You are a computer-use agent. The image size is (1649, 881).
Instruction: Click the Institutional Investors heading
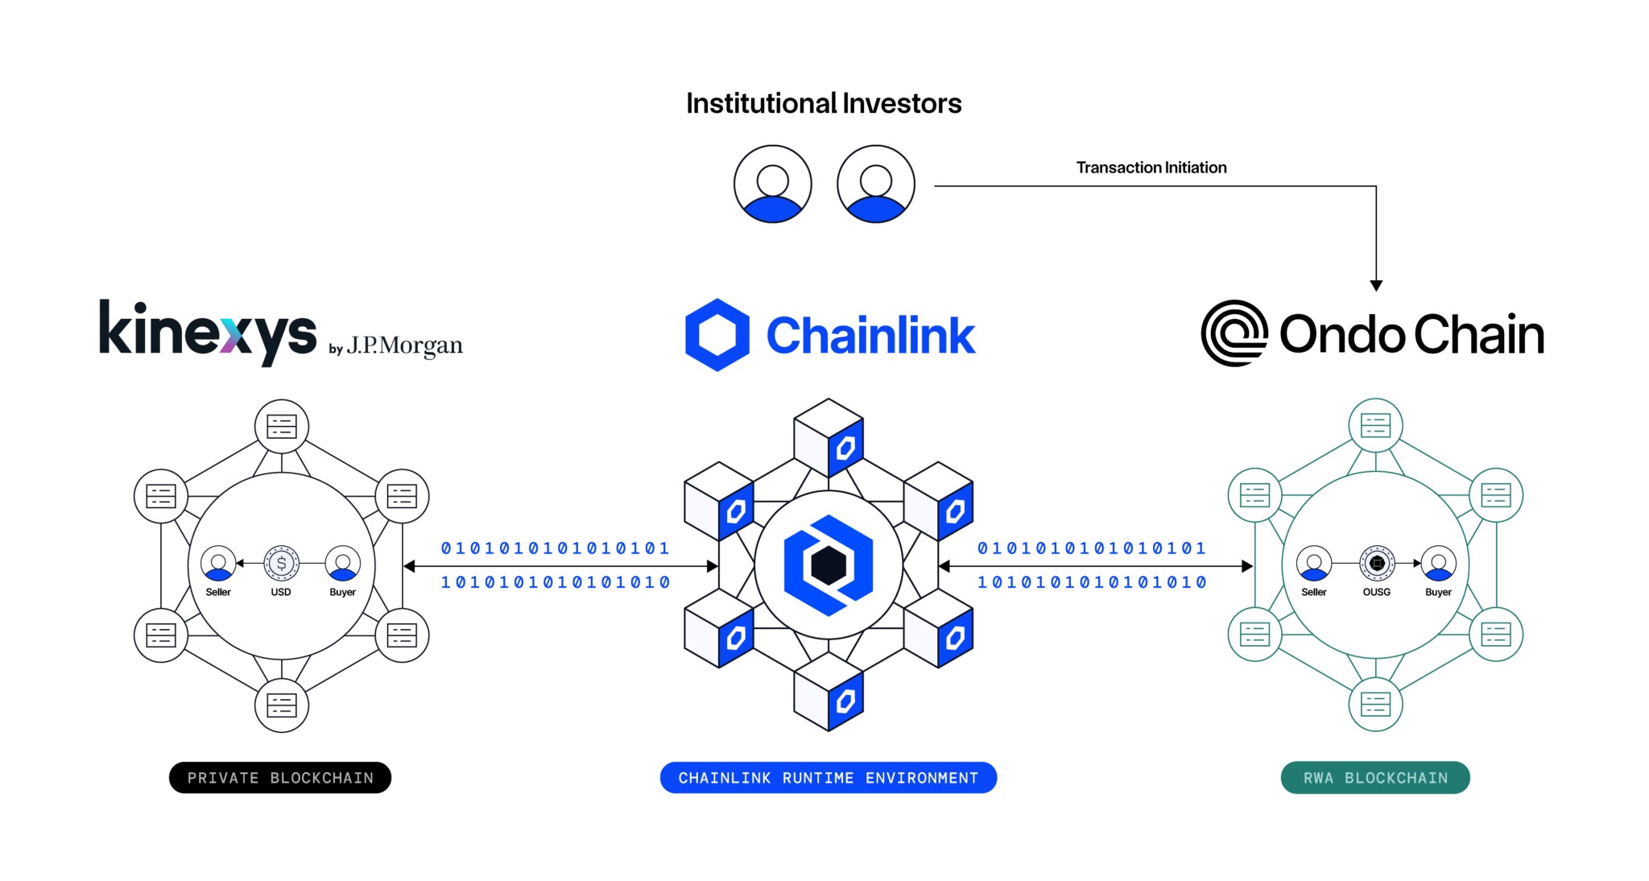824,104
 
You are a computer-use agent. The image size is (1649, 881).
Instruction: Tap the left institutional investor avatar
772,184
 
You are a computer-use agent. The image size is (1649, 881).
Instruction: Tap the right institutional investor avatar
875,184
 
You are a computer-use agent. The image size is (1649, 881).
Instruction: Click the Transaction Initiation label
1151,168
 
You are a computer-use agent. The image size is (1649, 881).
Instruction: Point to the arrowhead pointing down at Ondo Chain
1376,285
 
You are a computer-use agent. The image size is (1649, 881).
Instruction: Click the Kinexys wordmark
208,333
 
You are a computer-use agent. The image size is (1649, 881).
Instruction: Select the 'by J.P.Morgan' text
395,346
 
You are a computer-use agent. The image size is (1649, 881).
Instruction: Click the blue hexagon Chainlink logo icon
717,335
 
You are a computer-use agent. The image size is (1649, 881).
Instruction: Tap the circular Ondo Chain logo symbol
1234,333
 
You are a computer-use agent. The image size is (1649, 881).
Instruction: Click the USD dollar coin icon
281,563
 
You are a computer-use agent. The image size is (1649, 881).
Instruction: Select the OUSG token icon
1377,563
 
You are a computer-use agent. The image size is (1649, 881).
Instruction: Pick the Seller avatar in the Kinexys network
218,563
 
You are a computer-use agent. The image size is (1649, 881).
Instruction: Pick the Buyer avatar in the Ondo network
1438,563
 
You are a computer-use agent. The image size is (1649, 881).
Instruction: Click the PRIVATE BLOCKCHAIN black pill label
280,778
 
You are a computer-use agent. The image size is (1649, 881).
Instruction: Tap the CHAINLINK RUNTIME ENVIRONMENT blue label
828,778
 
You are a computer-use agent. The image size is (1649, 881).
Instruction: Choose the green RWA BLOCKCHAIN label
1375,778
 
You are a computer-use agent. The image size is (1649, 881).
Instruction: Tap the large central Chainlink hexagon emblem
829,565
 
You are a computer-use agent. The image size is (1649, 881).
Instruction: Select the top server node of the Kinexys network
282,426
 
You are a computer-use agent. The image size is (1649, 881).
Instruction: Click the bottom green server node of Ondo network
1375,705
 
